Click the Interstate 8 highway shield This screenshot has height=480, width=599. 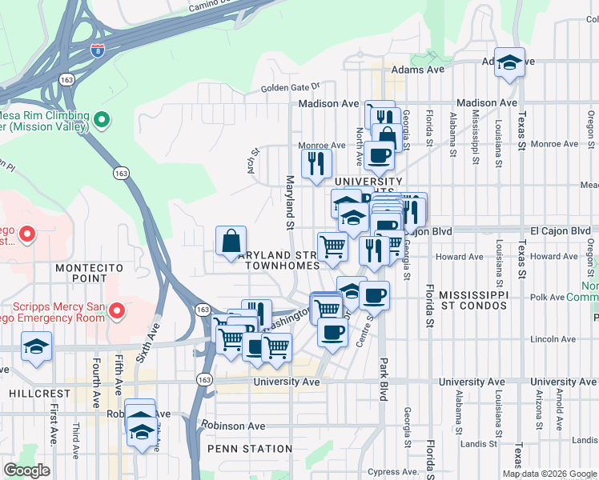(98, 50)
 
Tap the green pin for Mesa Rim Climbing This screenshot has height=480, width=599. (101, 121)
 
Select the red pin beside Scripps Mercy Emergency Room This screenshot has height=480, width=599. (117, 310)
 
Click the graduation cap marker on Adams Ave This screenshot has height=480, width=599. (509, 62)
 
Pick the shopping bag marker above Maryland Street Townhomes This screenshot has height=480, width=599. (231, 239)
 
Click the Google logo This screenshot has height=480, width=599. (27, 470)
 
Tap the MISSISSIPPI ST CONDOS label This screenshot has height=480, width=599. (474, 300)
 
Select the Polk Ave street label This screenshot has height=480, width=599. (547, 297)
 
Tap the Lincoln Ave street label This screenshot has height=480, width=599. (553, 339)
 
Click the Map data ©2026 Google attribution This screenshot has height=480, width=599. (549, 473)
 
